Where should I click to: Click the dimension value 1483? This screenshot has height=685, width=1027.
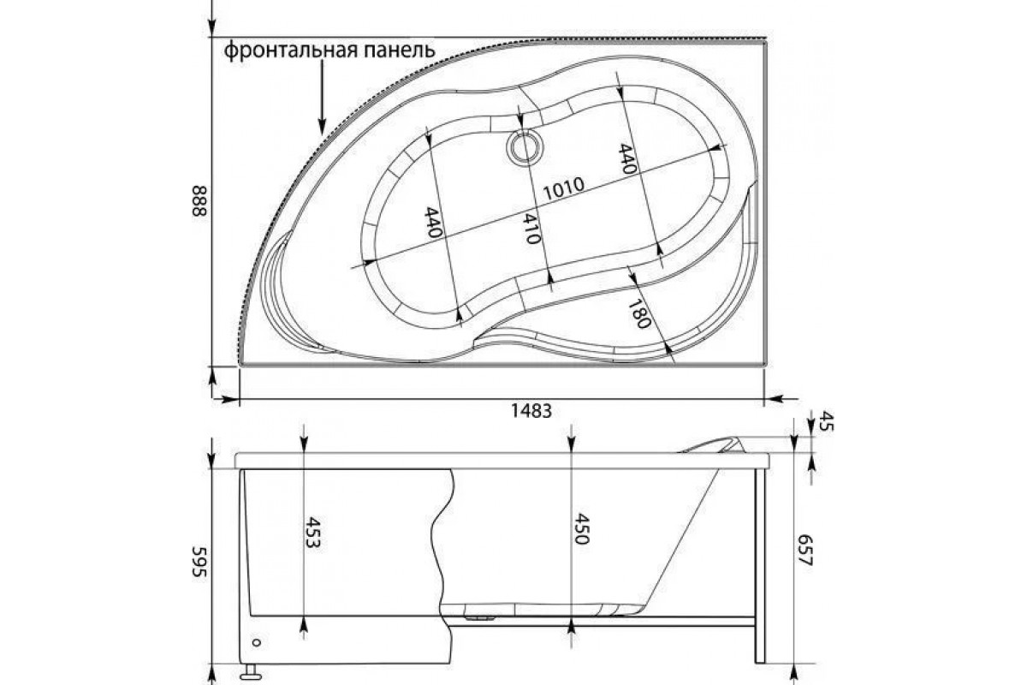pos(531,411)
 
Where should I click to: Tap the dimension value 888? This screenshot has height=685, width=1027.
pos(200,201)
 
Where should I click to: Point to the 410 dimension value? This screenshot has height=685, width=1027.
pos(531,229)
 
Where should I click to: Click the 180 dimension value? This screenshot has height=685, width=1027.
pos(639,314)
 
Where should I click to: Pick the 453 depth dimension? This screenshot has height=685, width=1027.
pos(312,533)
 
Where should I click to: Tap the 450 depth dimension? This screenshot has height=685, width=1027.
pos(581,529)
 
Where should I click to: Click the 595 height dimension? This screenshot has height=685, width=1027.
pos(200,562)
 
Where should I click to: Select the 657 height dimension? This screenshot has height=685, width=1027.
pos(805,550)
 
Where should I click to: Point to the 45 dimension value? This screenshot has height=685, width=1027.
pos(826,421)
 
